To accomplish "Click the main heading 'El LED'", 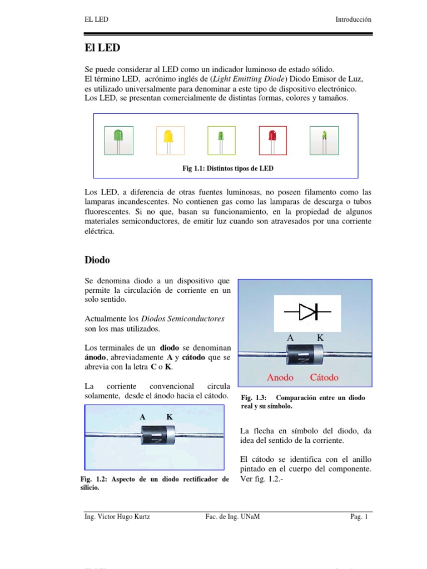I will click(x=102, y=48).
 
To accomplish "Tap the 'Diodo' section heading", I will click(x=97, y=259).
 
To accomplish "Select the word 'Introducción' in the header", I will click(x=353, y=19).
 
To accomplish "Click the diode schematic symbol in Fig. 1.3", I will click(x=307, y=312).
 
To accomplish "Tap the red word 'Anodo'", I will click(x=280, y=377).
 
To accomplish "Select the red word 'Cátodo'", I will click(x=324, y=377).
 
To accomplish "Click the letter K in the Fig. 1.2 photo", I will click(x=169, y=417).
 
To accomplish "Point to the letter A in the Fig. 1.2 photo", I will click(x=143, y=417).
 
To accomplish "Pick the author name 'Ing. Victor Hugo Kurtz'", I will click(x=116, y=517).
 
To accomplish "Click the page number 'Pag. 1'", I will click(x=359, y=517).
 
